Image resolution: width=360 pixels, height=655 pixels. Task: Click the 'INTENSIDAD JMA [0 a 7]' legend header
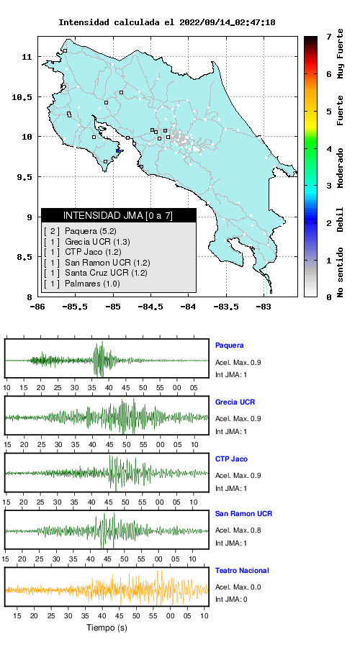coord(118,215)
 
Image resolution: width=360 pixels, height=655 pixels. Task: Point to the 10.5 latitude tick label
coord(22,97)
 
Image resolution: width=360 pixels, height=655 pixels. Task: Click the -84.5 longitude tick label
coord(150,307)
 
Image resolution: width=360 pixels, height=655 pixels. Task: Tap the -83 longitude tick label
coord(264,307)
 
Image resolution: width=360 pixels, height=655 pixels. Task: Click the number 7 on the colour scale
coord(329,37)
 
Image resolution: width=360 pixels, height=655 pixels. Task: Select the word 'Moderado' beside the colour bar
coord(340,168)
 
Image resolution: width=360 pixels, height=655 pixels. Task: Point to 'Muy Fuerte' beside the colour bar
coord(340,53)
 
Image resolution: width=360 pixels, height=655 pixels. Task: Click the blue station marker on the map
coord(118,151)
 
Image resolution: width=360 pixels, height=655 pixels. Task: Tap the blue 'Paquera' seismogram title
coord(229,345)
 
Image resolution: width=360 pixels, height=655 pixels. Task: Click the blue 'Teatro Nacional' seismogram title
coord(242,570)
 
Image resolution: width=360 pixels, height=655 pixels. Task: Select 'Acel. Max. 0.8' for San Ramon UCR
coord(238,530)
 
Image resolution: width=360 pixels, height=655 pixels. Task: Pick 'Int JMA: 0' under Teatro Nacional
coord(231,600)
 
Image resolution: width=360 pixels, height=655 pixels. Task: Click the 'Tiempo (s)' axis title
coord(107,628)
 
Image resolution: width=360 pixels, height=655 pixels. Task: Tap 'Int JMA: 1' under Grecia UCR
coord(231,432)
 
